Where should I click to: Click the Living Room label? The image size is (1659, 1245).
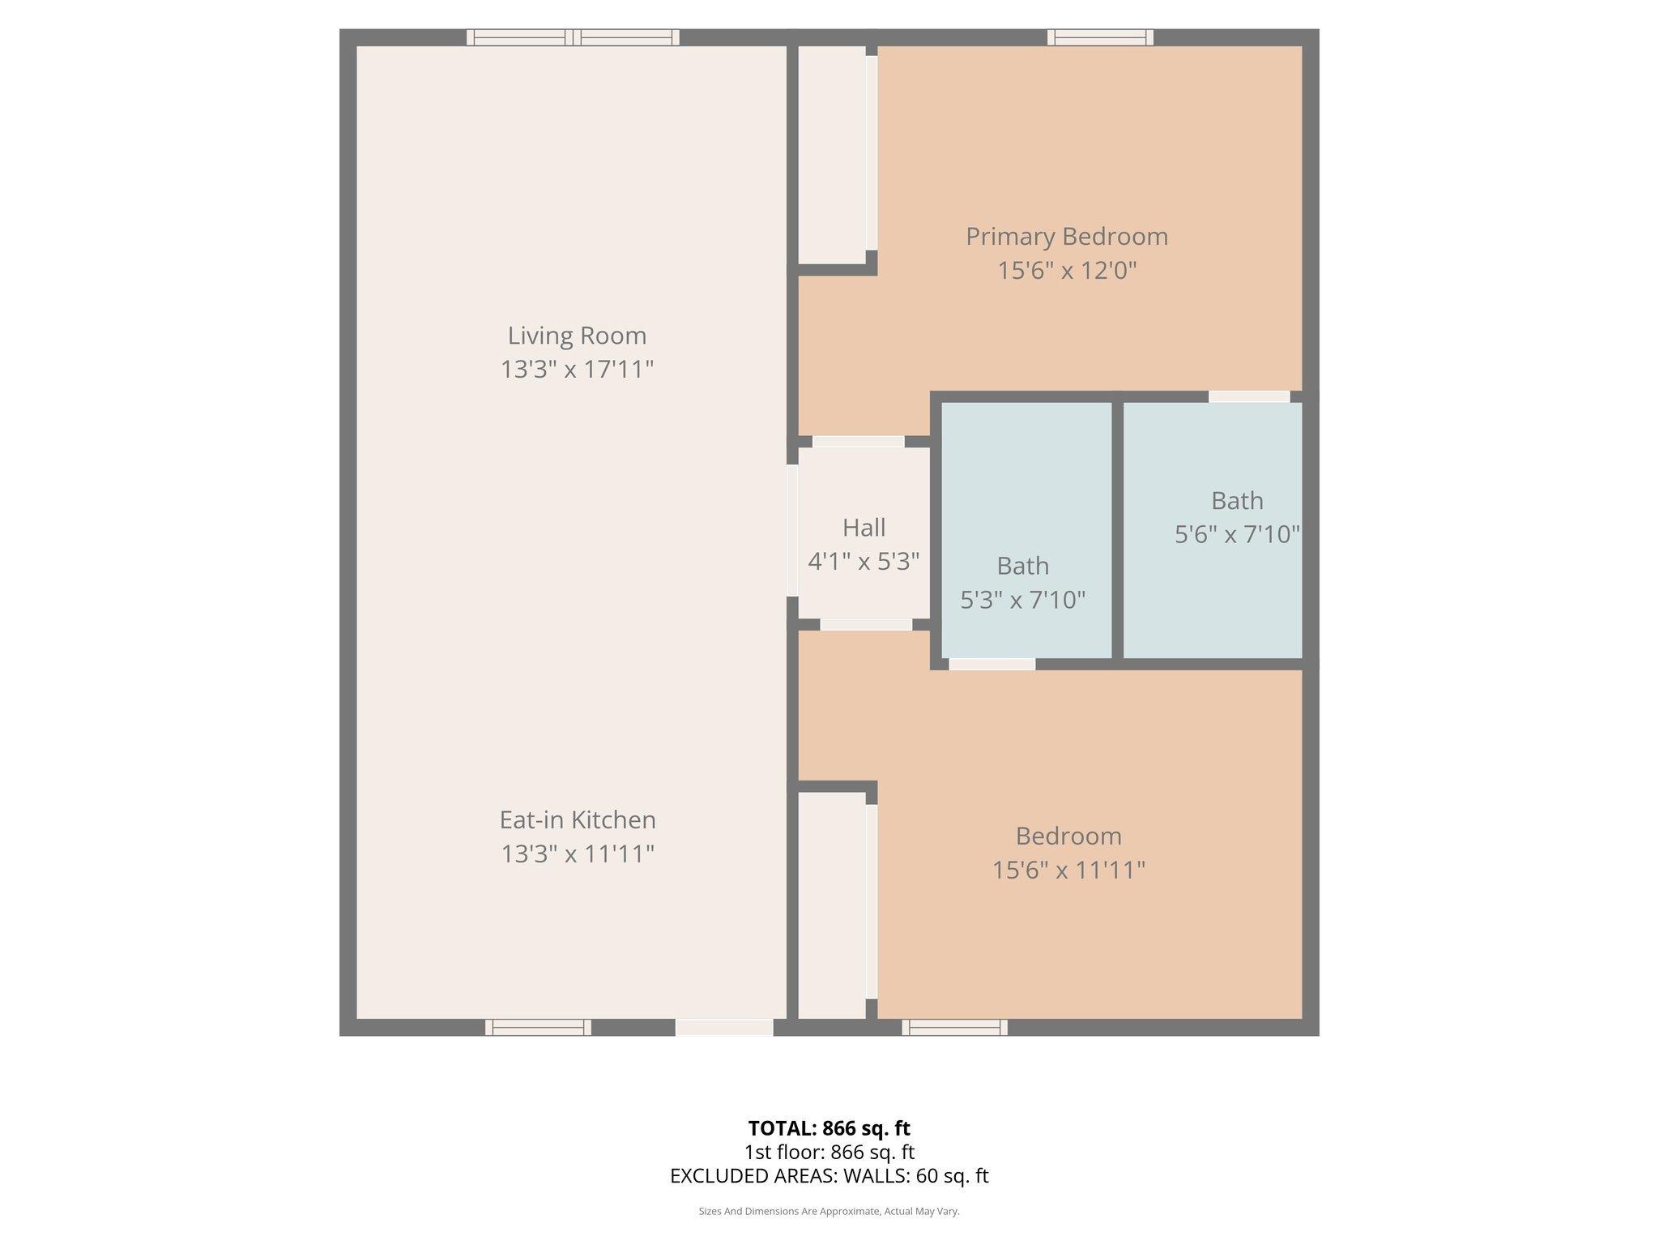click(577, 335)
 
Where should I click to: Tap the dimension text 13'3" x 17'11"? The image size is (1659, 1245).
click(577, 370)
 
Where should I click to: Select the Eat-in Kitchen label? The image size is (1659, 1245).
click(577, 819)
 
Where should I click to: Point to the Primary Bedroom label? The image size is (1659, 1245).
click(1067, 236)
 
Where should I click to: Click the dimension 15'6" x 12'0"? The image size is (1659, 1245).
click(1067, 270)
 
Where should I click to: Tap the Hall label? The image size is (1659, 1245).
click(864, 528)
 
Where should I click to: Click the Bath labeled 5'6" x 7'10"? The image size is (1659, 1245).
click(1237, 501)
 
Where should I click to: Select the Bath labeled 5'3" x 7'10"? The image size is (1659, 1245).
click(1022, 566)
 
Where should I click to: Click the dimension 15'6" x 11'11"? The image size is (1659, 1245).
click(1068, 870)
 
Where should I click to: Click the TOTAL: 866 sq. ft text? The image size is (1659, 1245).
click(829, 1128)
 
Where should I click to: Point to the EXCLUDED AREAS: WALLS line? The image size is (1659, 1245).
click(829, 1175)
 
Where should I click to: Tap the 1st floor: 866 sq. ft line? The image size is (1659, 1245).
click(829, 1152)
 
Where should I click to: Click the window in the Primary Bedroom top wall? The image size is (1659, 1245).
click(1100, 36)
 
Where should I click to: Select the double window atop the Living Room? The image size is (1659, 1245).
click(573, 36)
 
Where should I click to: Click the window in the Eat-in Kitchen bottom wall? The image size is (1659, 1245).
click(538, 1027)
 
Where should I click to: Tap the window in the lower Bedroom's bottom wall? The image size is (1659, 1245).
click(954, 1027)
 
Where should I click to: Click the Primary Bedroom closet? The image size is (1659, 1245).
click(832, 154)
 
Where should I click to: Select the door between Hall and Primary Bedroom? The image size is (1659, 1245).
click(858, 442)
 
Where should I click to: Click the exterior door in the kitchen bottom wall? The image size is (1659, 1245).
click(724, 1027)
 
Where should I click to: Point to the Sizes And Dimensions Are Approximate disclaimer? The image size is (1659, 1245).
click(829, 1211)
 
